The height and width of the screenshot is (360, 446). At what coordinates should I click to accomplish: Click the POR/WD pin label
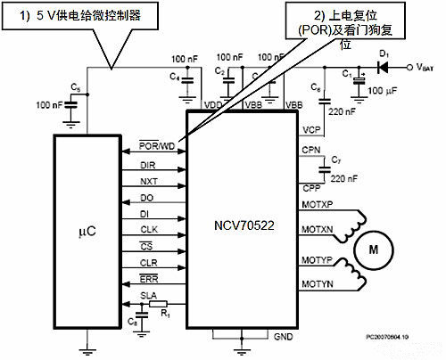coord(157,145)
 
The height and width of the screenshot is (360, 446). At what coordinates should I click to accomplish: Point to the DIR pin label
coord(149,166)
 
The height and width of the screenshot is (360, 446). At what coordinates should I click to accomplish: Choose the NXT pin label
coord(149,182)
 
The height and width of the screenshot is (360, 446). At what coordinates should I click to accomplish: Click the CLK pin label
coord(149,229)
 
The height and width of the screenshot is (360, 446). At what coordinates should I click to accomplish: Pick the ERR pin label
coord(149,278)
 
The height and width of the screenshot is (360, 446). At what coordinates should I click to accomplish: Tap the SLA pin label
coord(149,294)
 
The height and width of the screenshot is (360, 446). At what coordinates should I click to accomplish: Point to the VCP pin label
coord(312,130)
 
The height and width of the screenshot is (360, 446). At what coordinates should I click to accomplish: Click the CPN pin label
coord(311,150)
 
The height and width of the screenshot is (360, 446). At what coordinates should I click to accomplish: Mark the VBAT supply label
coord(426,67)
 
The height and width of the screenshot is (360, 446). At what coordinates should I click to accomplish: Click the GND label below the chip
coord(283,338)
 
